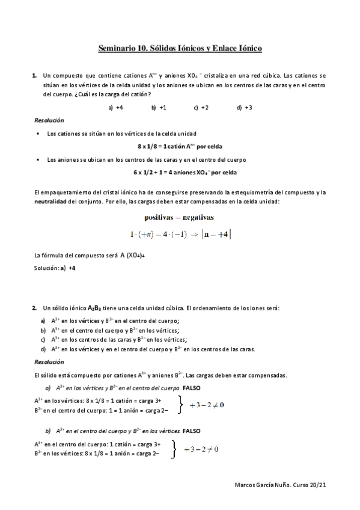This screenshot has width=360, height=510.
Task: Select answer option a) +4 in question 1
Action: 116,108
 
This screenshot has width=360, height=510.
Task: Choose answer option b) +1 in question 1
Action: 159,108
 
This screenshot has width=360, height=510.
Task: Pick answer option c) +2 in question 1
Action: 201,108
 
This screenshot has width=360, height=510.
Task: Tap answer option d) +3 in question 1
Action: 245,108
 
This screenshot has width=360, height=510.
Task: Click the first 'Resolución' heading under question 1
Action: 49,121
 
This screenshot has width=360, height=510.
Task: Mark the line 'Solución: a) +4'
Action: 55,268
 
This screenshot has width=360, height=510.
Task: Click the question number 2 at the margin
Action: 34,308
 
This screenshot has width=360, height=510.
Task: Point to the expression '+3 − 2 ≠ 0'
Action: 207,405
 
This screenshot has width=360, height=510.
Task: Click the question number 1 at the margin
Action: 34,76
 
